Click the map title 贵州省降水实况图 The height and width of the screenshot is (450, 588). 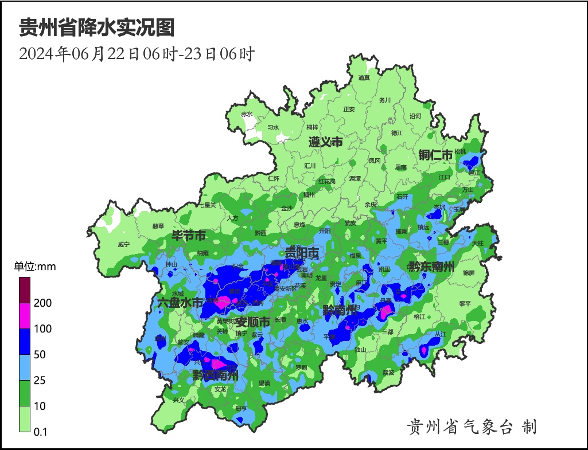coord(97,28)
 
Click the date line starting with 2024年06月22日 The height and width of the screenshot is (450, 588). coord(137,54)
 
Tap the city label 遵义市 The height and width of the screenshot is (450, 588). coord(325,142)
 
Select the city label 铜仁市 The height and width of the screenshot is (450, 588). coord(435,155)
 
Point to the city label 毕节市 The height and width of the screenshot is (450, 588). coord(189,236)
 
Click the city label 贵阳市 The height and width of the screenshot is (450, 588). coord(302,253)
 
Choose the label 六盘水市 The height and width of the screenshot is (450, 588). coord(180,303)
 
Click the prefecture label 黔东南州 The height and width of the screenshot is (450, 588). coord(431,267)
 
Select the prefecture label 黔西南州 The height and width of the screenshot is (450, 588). coord(216,375)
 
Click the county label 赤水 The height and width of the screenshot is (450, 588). coord(247,114)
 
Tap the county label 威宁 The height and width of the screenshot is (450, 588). coord(123,244)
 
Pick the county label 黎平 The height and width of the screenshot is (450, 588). coord(465,303)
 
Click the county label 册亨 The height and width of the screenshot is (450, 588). coord(241,409)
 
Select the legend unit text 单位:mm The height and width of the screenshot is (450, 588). coord(35,267)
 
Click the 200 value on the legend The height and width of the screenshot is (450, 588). coord(42,303)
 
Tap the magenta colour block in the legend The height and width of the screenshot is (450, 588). coord(25,315)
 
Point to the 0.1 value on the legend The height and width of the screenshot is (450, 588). coord(40,432)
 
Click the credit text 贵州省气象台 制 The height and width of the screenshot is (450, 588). coord(472,426)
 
